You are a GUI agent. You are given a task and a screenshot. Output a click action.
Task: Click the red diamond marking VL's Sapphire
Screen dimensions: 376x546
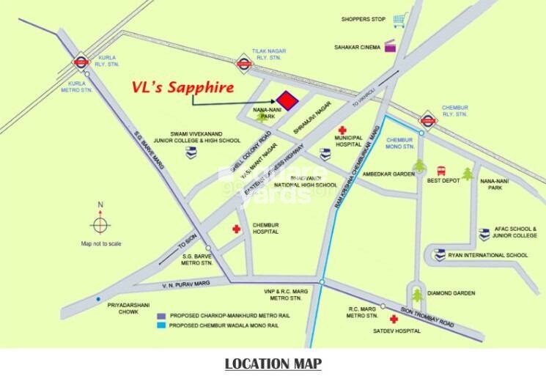point(287,100)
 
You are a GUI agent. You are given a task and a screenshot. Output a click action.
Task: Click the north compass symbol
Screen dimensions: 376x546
point(101,223)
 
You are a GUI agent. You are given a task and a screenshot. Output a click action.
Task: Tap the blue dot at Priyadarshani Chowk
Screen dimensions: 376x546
point(98,298)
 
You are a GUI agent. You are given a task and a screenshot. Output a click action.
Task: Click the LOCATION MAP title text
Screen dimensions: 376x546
point(273,363)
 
